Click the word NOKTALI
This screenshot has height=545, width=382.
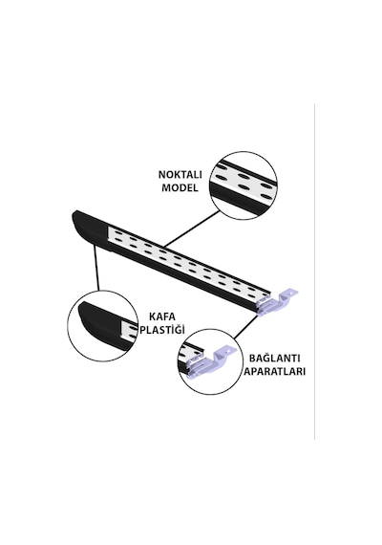click(180, 174)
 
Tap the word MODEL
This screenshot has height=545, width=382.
click(180, 187)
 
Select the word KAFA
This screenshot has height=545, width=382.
click(162, 316)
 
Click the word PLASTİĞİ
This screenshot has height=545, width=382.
click(162, 330)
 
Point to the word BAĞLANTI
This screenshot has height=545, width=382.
click(274, 358)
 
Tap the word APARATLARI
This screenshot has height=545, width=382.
click(274, 371)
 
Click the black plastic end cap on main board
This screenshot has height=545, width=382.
click(91, 229)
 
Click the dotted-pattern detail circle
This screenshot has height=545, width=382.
click(244, 185)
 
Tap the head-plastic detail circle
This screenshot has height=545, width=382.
click(101, 325)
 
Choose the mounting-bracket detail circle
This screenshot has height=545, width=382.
click(210, 361)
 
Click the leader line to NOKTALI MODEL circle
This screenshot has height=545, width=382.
click(192, 229)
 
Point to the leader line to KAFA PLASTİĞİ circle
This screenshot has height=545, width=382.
click(96, 268)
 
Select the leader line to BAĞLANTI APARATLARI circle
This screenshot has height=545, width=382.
click(245, 327)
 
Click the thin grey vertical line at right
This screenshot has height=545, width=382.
click(314, 272)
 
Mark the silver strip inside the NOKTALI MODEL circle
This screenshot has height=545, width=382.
click(244, 180)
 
